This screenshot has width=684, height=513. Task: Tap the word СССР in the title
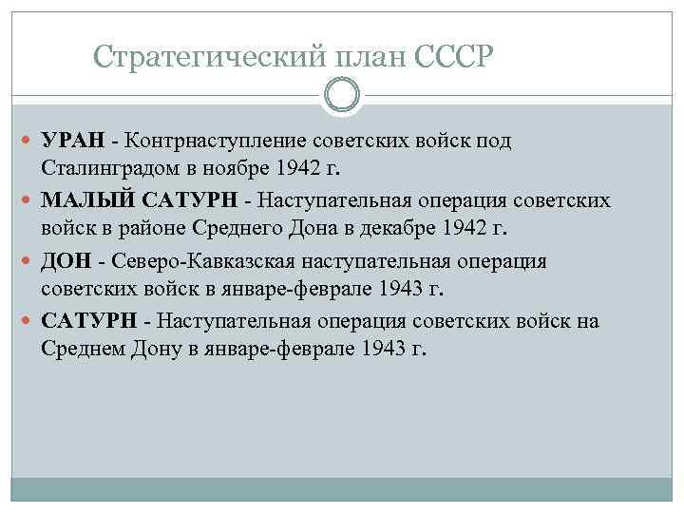tap(455, 58)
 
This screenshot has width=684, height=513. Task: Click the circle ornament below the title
tap(342, 95)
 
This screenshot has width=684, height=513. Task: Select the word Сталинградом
tap(107, 169)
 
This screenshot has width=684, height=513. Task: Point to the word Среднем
tap(83, 348)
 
